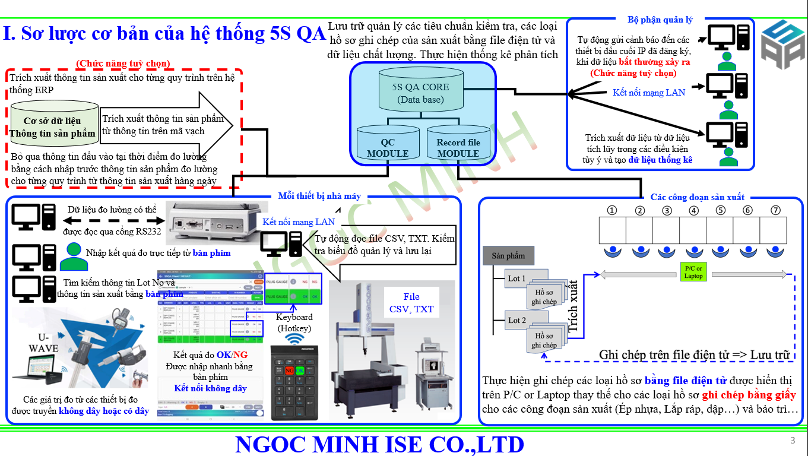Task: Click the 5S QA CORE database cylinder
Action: point(421,92)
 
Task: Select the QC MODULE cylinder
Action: point(388,144)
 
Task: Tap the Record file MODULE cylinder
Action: point(458,144)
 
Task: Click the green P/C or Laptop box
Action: point(693,273)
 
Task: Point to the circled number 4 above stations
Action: point(693,210)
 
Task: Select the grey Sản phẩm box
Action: point(508,256)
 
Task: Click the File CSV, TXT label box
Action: point(411,303)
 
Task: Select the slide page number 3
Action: point(793,441)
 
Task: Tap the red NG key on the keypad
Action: point(289,370)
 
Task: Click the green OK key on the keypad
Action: point(300,370)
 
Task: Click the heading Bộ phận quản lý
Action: point(660,20)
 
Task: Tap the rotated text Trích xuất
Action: point(573,306)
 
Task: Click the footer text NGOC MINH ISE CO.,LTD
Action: point(379,444)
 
